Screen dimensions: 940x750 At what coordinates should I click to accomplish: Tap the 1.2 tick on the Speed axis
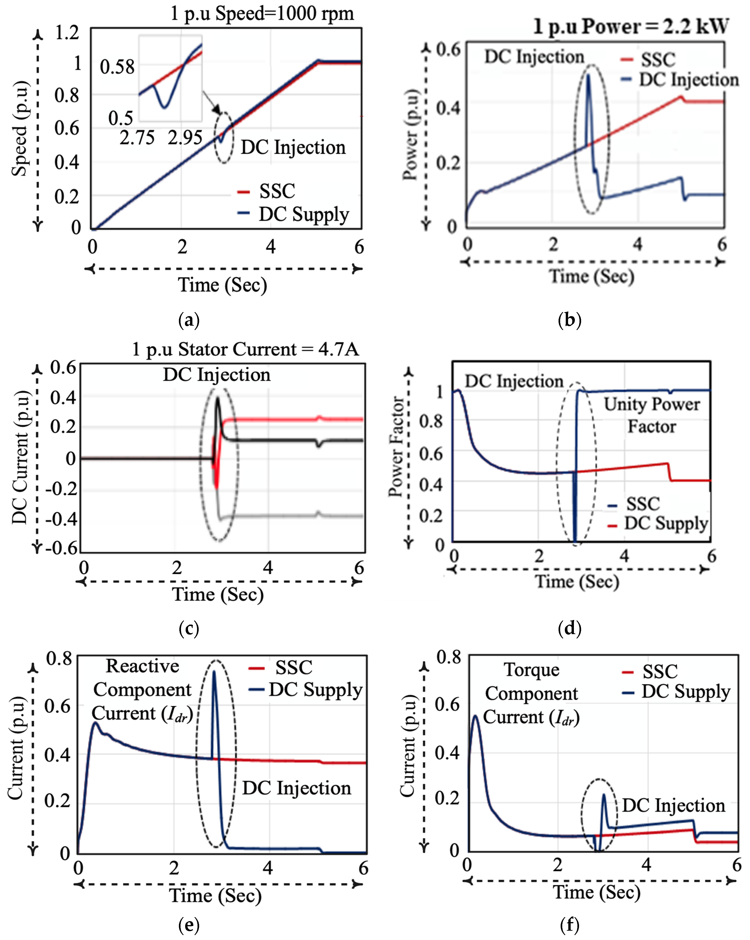67,33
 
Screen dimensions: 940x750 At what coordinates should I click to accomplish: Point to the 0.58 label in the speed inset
117,67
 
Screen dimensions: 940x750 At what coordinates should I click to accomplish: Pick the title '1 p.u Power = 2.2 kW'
630,27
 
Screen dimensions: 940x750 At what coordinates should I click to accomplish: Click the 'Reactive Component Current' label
142,690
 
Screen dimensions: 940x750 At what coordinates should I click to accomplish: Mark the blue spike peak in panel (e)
214,672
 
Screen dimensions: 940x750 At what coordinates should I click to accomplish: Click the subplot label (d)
569,628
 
